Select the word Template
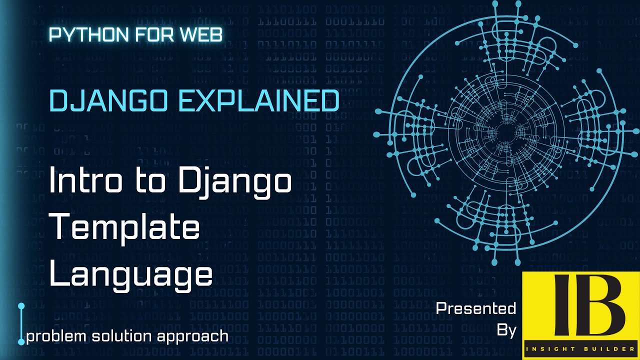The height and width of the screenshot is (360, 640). pos(125,228)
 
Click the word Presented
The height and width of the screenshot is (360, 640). pos(475,308)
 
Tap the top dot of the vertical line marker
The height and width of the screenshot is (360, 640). pos(21,305)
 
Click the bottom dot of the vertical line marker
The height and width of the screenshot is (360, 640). pos(21,342)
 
